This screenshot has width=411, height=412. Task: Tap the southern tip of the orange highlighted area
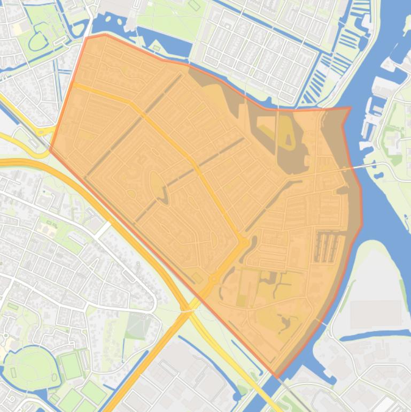(276, 377)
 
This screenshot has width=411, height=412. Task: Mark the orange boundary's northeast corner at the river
(350, 108)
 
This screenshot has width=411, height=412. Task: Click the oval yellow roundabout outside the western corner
(40, 132)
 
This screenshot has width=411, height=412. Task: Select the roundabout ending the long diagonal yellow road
(244, 243)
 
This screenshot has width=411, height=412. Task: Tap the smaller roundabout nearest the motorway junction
(213, 278)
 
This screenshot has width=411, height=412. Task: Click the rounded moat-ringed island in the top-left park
(37, 40)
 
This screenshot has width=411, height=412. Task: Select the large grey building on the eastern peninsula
(376, 314)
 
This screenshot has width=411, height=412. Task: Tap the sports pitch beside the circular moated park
(71, 365)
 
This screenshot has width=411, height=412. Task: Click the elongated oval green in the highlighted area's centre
(157, 184)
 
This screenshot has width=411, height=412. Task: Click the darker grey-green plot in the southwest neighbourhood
(137, 327)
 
